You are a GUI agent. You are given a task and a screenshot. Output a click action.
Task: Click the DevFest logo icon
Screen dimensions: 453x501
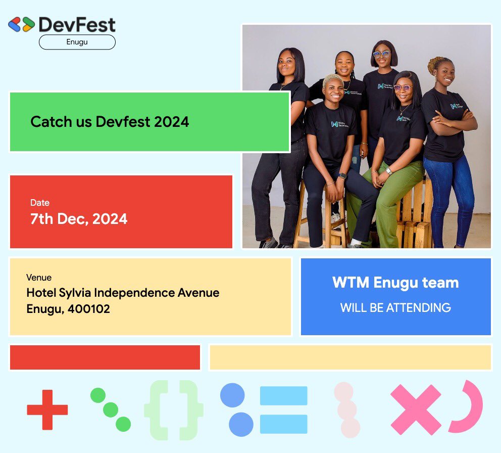(21, 24)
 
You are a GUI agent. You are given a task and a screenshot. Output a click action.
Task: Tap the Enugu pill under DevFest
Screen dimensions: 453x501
(77, 42)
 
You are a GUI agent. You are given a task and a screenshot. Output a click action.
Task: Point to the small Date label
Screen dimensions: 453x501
(40, 203)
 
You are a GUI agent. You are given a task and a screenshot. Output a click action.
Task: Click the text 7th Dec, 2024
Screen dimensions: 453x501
(79, 219)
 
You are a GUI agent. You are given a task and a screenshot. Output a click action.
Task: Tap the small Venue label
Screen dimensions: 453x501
(39, 278)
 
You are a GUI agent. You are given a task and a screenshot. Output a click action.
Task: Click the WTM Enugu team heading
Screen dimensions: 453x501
(395, 283)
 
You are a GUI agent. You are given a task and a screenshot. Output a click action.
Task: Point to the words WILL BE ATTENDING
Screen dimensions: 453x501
(395, 307)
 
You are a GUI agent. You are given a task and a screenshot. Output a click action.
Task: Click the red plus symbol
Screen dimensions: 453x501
(47, 410)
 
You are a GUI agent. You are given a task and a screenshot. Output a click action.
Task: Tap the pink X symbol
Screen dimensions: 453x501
(416, 410)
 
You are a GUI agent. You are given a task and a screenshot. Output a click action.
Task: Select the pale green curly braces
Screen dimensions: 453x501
(173, 410)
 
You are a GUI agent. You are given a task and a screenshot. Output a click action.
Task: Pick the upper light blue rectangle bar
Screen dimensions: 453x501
(283, 395)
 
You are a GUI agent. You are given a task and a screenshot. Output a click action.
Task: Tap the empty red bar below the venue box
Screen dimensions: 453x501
(105, 357)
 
